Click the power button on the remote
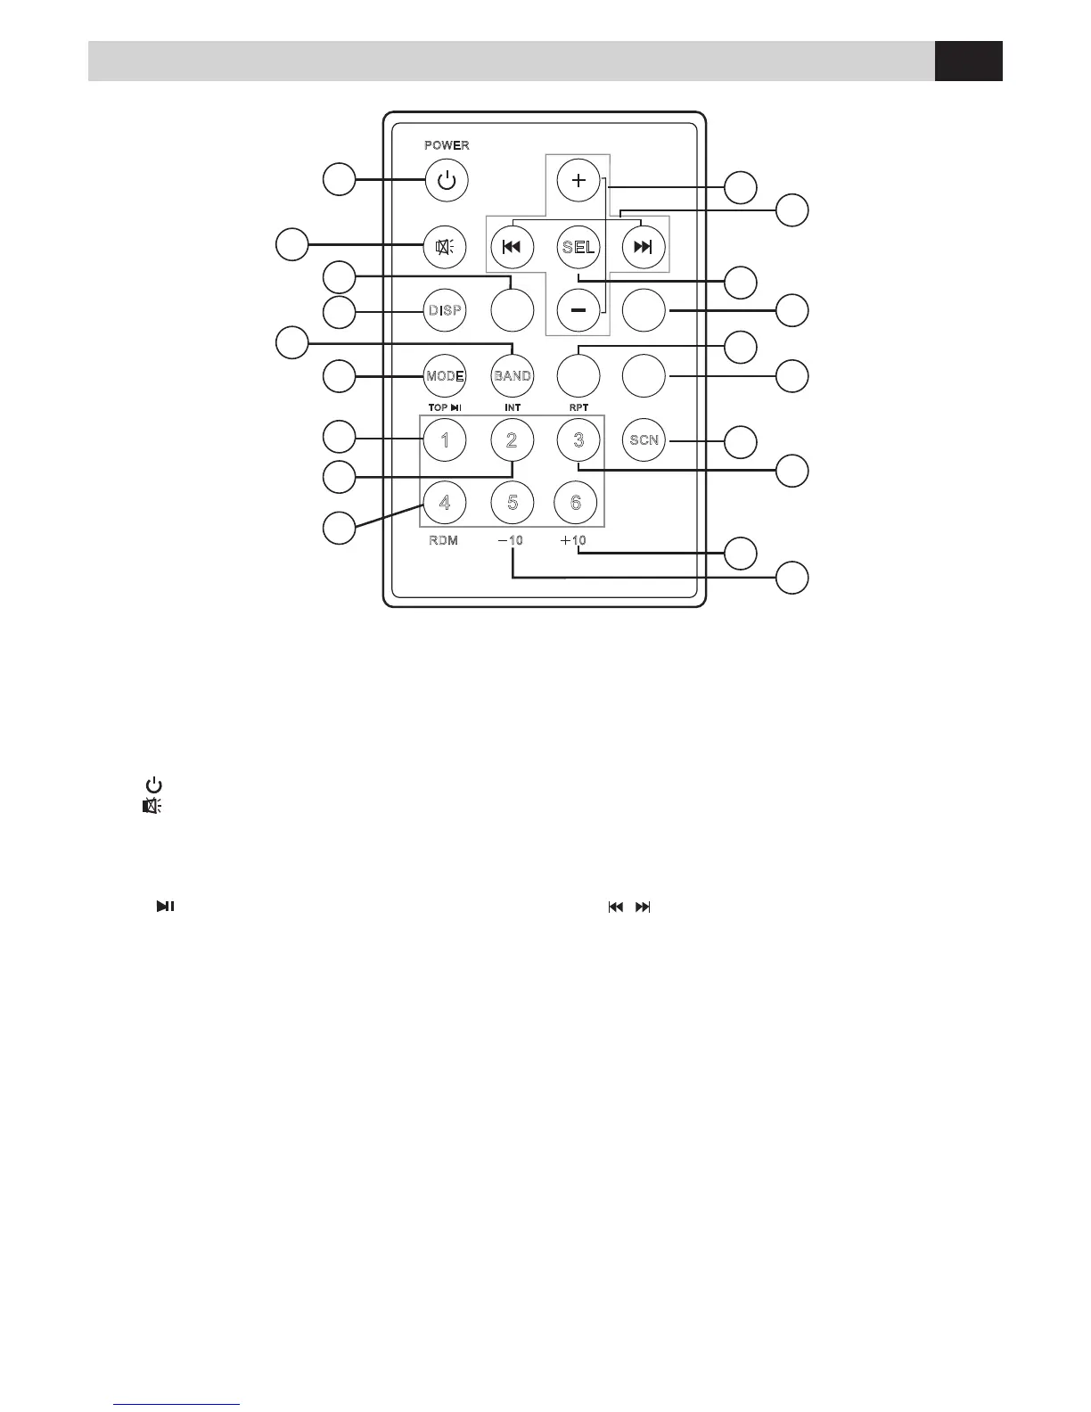[447, 182]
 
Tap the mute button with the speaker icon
[445, 247]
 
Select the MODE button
[445, 375]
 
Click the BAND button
[513, 375]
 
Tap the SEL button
[578, 247]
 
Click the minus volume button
[578, 310]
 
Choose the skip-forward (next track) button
[644, 247]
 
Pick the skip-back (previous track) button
[512, 247]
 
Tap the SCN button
[644, 439]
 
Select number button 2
[513, 439]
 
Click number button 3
[578, 439]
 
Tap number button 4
[445, 503]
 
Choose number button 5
[513, 503]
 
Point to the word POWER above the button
[447, 145]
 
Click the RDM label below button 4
[443, 541]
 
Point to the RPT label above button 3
[578, 407]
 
